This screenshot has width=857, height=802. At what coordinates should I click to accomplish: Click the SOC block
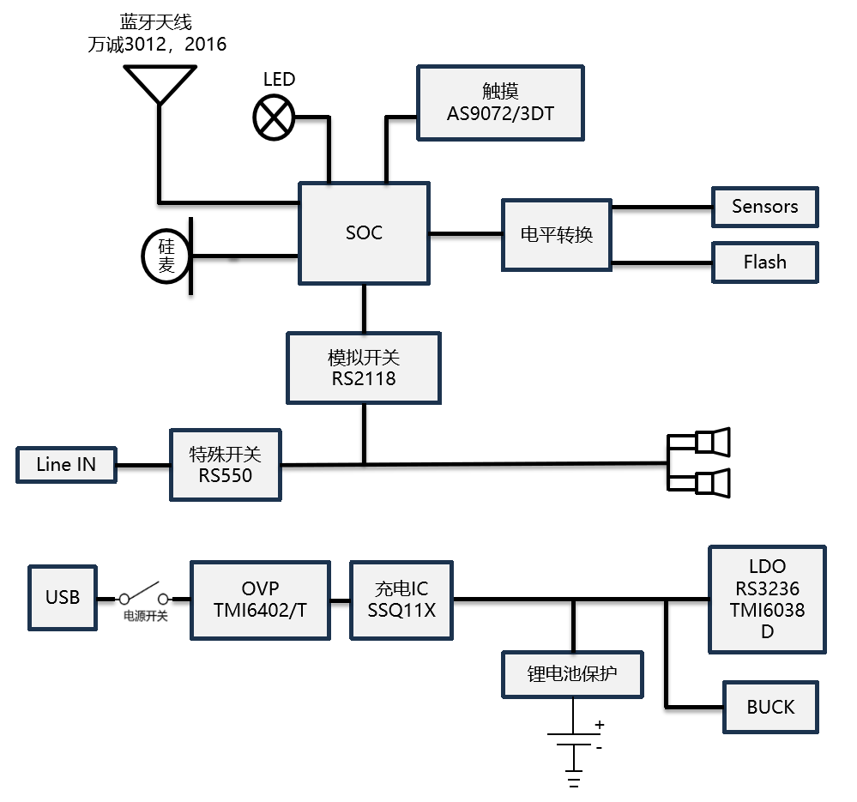[363, 232]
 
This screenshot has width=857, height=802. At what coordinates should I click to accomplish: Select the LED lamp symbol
[274, 117]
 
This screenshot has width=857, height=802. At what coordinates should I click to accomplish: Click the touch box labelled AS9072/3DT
[500, 103]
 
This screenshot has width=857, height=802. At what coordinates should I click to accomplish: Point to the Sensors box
[764, 207]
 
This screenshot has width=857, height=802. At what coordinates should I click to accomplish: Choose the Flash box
[764, 262]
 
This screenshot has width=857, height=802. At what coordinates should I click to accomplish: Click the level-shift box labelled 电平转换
[556, 234]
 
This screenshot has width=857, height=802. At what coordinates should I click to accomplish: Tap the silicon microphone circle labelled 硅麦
[166, 256]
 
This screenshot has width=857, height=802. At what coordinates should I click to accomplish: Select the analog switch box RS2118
[363, 368]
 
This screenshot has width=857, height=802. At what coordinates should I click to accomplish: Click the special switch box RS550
[226, 464]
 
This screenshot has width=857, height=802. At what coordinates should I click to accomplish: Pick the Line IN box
[66, 464]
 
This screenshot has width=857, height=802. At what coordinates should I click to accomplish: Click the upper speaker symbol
[711, 442]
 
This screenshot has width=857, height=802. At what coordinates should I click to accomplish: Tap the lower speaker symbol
[711, 483]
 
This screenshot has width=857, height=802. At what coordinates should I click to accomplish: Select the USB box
[63, 597]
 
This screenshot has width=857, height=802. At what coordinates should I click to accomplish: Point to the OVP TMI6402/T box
[260, 600]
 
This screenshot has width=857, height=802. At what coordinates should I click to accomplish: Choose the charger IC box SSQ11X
[401, 600]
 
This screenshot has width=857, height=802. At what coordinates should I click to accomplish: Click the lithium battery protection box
[572, 674]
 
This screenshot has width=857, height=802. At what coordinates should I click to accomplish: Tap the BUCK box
[770, 707]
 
